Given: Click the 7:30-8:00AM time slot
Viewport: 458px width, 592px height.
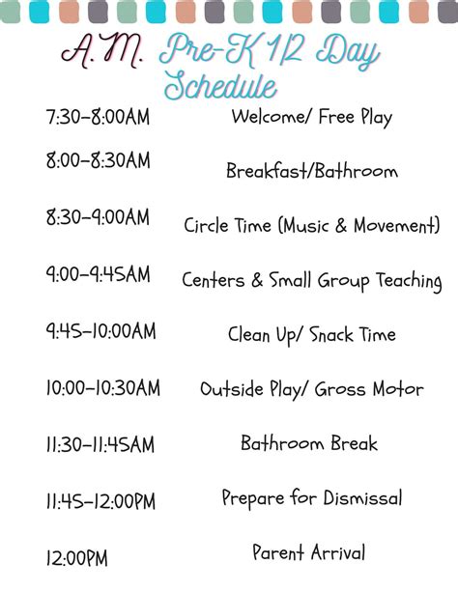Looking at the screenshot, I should point(97,118).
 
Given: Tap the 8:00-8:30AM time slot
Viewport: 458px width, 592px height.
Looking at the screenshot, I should point(97,161).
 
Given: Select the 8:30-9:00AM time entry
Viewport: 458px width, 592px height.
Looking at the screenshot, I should point(97,218).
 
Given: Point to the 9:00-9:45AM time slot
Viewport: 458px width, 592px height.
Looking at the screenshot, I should point(97,274).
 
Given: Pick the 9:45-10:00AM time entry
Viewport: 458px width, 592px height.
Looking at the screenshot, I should point(100,331).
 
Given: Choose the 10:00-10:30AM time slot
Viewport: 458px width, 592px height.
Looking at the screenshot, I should point(102,388).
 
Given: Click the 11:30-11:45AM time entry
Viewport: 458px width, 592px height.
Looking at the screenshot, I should point(100,445).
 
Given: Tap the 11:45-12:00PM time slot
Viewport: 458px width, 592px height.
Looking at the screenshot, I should point(100,502).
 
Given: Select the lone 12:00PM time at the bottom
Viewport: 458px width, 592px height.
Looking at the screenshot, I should point(76,558).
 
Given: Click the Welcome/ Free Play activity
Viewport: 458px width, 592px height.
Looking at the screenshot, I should point(311,118).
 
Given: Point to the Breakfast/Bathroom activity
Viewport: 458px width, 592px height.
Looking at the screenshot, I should point(311,171).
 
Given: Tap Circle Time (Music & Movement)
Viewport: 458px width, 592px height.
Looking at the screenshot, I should point(311,226).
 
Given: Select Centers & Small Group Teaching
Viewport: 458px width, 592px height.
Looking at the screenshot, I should point(311,281).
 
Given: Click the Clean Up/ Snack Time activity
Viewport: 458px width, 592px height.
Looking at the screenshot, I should point(311,335).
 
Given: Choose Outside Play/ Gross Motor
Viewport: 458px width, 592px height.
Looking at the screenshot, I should point(311,390).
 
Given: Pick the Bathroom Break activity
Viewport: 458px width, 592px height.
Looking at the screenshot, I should point(309,444).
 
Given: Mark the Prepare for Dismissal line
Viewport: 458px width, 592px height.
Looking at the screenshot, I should point(311,499).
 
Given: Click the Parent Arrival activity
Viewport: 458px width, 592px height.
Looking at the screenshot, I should point(309,553).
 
